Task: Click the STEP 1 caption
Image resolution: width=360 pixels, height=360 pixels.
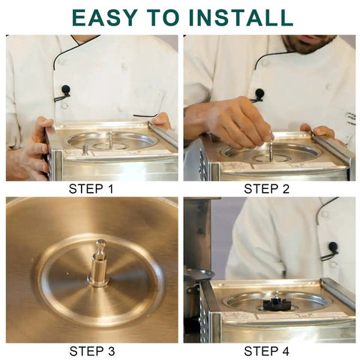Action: (x=91, y=188)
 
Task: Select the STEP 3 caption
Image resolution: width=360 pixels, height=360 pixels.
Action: (x=91, y=350)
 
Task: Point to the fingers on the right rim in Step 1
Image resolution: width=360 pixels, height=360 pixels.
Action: (x=161, y=119)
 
